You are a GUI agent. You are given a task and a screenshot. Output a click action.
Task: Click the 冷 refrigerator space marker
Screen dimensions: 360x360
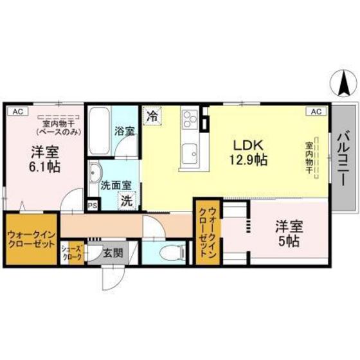coord(152,117)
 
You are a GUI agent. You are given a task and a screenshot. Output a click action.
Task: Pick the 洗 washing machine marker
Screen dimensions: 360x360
coord(127,201)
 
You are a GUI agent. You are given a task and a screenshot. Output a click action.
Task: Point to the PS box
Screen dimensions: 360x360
coord(93,206)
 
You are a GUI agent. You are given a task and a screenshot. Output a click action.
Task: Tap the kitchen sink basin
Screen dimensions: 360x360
coord(190,154)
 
